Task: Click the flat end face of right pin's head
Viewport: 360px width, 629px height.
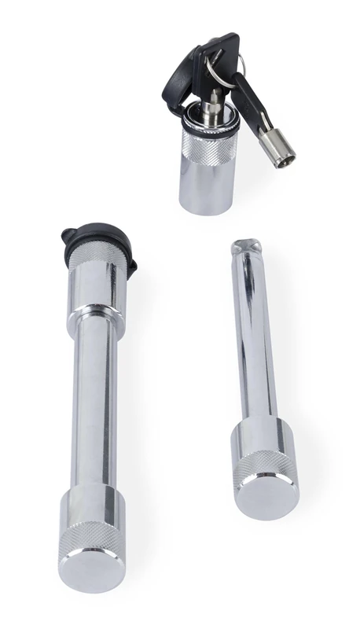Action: click(x=267, y=495)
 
